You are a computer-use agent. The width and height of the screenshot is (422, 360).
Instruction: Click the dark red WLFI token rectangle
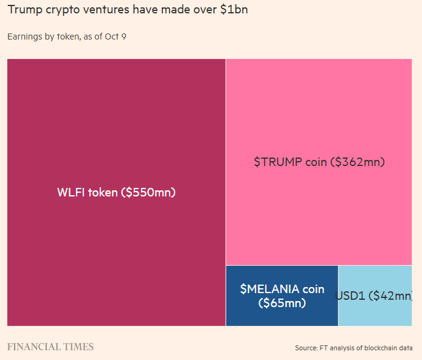pos(116,122)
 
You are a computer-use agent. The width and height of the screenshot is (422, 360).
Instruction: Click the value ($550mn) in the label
pos(148,193)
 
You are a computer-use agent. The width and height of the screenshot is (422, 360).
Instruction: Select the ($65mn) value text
pos(282,303)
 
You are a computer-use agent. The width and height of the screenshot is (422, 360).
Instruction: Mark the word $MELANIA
pos(266,289)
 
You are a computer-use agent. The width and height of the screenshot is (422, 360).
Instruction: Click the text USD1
pos(350,296)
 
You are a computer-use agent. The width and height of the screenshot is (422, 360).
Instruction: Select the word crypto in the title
pos(63,10)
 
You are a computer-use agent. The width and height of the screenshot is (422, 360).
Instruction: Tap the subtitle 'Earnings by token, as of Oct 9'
pos(67,36)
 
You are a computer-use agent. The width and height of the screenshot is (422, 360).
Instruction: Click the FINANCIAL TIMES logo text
pos(50,347)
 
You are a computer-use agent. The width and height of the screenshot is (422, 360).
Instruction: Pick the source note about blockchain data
pos(354,348)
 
